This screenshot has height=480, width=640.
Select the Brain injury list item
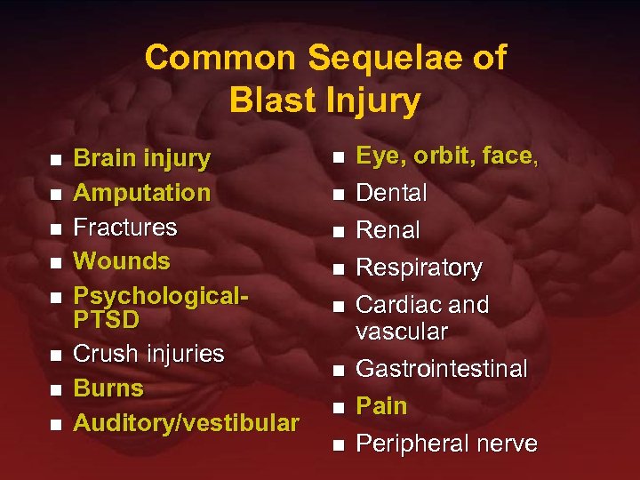pos(141,159)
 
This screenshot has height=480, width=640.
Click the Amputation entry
pos(141,193)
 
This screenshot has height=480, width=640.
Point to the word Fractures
pos(125,228)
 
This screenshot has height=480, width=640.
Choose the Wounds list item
pos(121,261)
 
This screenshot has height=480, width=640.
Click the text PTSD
pos(106,318)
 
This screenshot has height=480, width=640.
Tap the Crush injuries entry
pos(148,354)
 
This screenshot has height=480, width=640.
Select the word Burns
pos(108,388)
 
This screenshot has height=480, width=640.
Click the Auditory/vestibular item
pos(186,423)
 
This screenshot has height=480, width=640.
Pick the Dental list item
pos(391,193)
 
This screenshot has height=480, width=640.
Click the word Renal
pos(388,230)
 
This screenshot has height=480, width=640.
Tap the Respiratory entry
pos(419,268)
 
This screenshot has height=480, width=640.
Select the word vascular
pos(402,332)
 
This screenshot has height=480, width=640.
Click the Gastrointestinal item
pos(442,369)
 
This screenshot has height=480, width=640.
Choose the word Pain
pos(381,406)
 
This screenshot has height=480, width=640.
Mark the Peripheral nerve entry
pos(446,444)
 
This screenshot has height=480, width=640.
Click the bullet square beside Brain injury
pos(56,161)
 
